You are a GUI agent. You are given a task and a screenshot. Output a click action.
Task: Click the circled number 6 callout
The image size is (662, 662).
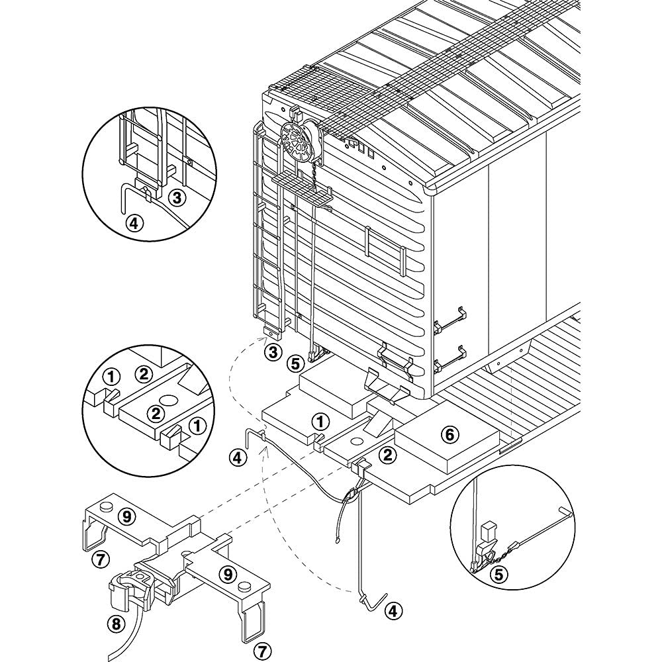pos(449,434)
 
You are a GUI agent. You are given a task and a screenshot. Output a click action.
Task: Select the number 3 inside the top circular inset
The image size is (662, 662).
pos(176,197)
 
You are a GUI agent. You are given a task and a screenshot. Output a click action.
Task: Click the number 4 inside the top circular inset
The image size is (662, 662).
pos(134,224)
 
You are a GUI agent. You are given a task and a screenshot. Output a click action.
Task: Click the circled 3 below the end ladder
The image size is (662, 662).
pos(272,351)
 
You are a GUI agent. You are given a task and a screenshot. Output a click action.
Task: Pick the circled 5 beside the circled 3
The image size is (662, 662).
pos(295,363)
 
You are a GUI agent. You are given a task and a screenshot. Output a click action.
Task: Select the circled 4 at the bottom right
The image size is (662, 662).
pos(393,609)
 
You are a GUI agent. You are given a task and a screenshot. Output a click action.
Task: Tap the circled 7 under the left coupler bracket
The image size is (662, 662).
pos(99,559)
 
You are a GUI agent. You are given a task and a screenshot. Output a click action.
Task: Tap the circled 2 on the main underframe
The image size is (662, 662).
pos(389,453)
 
